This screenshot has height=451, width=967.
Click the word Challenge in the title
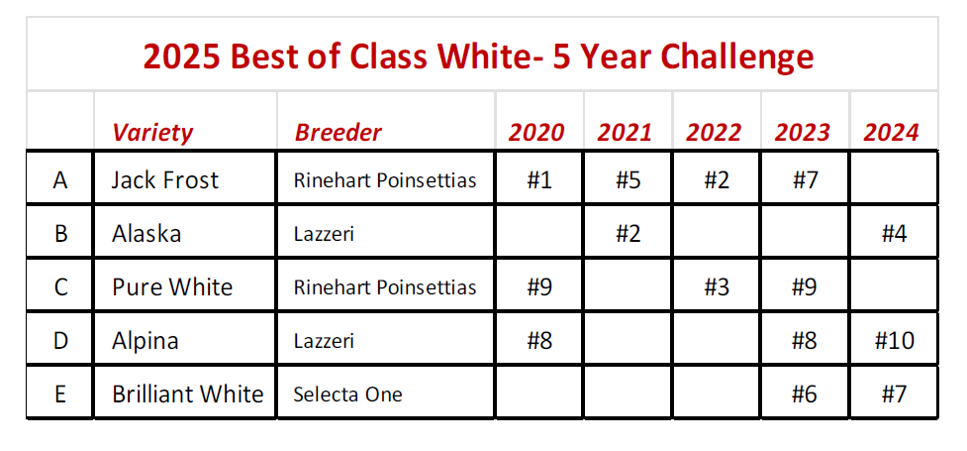[736, 56]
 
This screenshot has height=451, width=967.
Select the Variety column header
[152, 132]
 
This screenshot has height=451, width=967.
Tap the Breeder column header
[338, 132]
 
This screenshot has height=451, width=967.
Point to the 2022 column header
[715, 132]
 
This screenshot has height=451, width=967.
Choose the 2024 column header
[892, 132]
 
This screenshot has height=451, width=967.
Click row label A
[60, 180]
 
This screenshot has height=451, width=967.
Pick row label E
[60, 395]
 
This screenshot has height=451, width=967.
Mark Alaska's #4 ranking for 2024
[894, 235]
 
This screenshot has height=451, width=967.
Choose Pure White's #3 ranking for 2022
[716, 287]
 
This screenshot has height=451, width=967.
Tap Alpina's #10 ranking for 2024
[894, 341]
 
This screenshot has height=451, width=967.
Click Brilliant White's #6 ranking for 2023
[805, 395]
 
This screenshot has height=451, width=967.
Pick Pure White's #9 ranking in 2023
[805, 287]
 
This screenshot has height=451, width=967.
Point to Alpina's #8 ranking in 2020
[539, 341]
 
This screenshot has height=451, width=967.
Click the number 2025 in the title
[181, 56]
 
